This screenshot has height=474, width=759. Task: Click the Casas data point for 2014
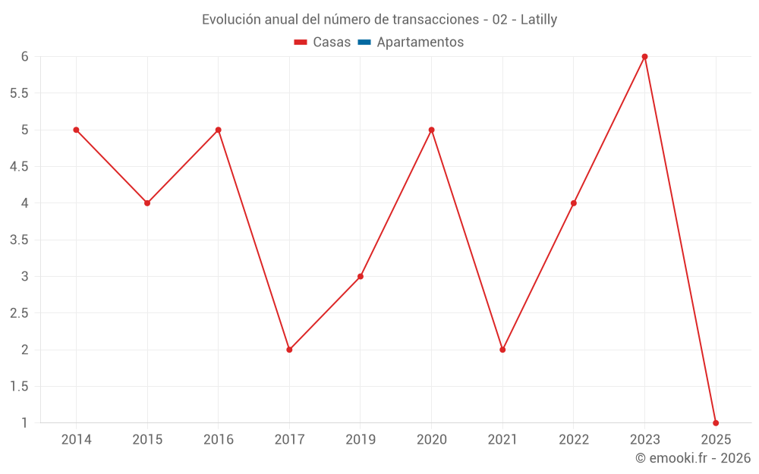click(x=76, y=130)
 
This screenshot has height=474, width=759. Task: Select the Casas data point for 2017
click(x=289, y=350)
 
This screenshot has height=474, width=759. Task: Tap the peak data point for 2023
click(x=644, y=57)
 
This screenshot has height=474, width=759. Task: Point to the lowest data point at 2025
click(x=716, y=422)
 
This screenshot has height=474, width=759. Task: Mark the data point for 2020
click(x=431, y=130)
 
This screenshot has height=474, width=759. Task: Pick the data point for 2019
click(x=361, y=276)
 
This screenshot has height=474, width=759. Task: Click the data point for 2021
click(x=502, y=350)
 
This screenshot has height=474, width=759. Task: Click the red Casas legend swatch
click(x=301, y=42)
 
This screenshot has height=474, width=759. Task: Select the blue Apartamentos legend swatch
click(x=364, y=42)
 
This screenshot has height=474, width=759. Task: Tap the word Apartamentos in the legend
click(x=420, y=42)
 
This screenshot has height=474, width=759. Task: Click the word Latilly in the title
click(x=539, y=20)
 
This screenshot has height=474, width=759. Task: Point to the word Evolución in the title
click(x=231, y=20)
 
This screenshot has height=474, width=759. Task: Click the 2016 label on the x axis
click(x=218, y=440)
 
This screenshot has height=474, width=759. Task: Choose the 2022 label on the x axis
click(x=573, y=440)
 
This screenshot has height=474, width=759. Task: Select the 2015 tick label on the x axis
click(x=147, y=440)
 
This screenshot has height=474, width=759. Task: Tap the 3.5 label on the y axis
click(x=19, y=240)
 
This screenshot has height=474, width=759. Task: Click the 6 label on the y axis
click(x=25, y=57)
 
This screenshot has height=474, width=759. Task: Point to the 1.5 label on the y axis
click(x=19, y=386)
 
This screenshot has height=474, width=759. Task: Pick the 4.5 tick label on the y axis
click(x=19, y=167)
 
